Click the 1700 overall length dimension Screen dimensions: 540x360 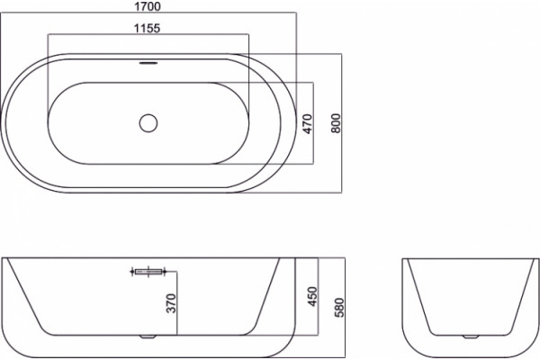[148, 6]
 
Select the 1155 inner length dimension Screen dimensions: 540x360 [147, 28]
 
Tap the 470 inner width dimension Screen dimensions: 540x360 [307, 123]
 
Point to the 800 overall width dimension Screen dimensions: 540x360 [336, 123]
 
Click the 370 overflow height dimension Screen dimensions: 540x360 [171, 303]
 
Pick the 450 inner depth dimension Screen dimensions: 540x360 [312, 296]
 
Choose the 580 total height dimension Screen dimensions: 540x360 [339, 307]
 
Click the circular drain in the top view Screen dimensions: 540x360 [148, 123]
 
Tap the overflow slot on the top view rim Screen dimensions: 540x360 [148, 63]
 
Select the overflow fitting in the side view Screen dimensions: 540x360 [148, 272]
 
